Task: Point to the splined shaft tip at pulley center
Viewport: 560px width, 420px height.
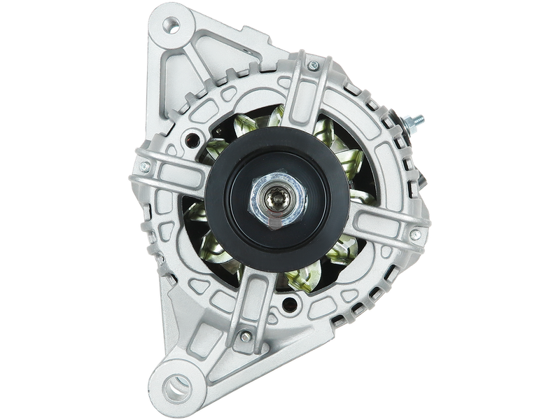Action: (x=276, y=202)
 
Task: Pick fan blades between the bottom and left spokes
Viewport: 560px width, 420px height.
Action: (x=217, y=252)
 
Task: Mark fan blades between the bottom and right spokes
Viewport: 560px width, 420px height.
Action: (x=329, y=266)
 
